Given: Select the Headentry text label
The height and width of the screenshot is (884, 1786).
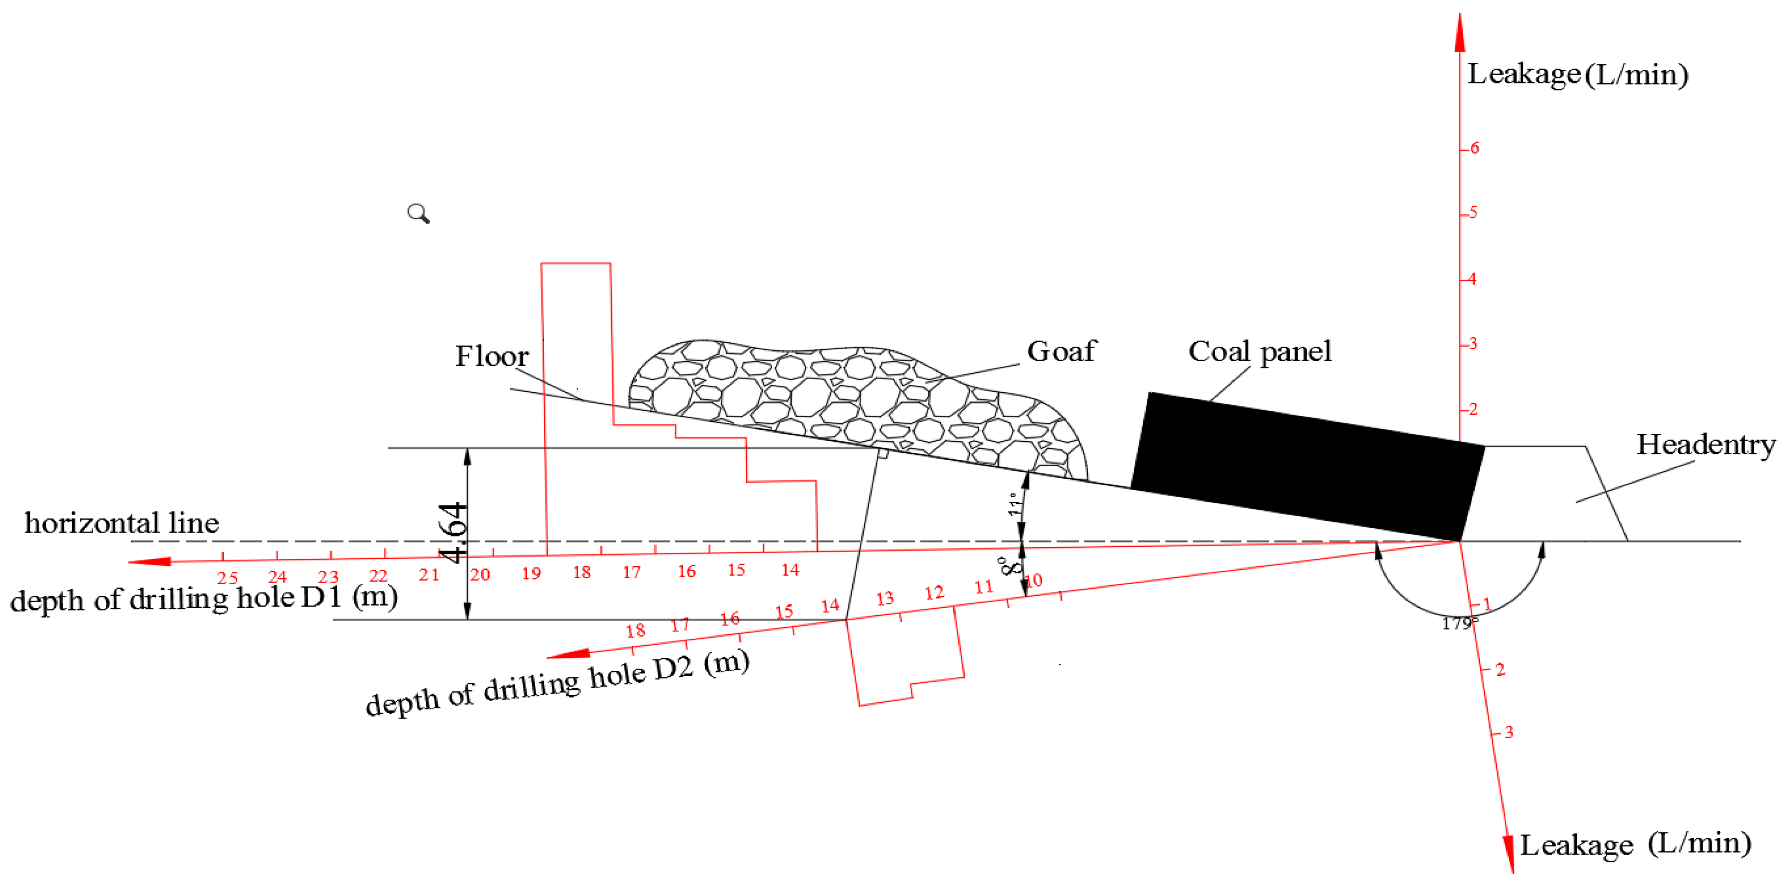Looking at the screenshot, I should [1706, 445].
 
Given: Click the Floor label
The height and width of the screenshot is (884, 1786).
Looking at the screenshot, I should [491, 356].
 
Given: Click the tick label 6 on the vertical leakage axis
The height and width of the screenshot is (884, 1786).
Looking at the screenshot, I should [1474, 148].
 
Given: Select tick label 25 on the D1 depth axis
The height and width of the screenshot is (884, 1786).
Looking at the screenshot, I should [227, 577].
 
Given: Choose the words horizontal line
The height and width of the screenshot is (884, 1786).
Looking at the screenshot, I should [122, 523].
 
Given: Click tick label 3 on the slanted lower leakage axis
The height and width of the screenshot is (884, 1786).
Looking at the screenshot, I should [1509, 732].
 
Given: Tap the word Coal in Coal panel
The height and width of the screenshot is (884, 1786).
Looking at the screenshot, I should [1219, 351].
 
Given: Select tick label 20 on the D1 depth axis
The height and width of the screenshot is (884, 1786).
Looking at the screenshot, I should [480, 574].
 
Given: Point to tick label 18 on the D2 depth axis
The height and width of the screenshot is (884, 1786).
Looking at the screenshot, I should [635, 630].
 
